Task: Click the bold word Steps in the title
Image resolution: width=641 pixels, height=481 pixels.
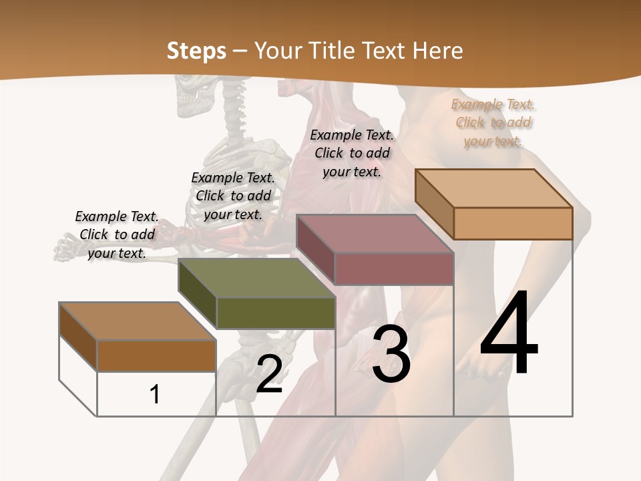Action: [x=196, y=51]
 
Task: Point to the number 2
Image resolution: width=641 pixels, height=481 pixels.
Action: [x=269, y=375]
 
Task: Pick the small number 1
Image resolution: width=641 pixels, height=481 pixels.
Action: [x=155, y=394]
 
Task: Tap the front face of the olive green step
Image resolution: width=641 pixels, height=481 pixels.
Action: [x=276, y=313]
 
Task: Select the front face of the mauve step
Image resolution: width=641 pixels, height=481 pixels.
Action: [x=394, y=269]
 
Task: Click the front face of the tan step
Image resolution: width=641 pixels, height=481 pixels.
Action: [x=513, y=223]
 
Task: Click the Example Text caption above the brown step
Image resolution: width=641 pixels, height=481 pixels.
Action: [x=117, y=234]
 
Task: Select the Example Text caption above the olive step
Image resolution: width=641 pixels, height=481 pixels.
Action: [x=233, y=196]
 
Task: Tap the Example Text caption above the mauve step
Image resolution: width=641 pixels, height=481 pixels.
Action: [x=352, y=153]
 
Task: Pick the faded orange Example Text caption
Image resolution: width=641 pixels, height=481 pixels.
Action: [x=493, y=122]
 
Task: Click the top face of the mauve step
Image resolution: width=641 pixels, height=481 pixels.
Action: [x=375, y=233]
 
